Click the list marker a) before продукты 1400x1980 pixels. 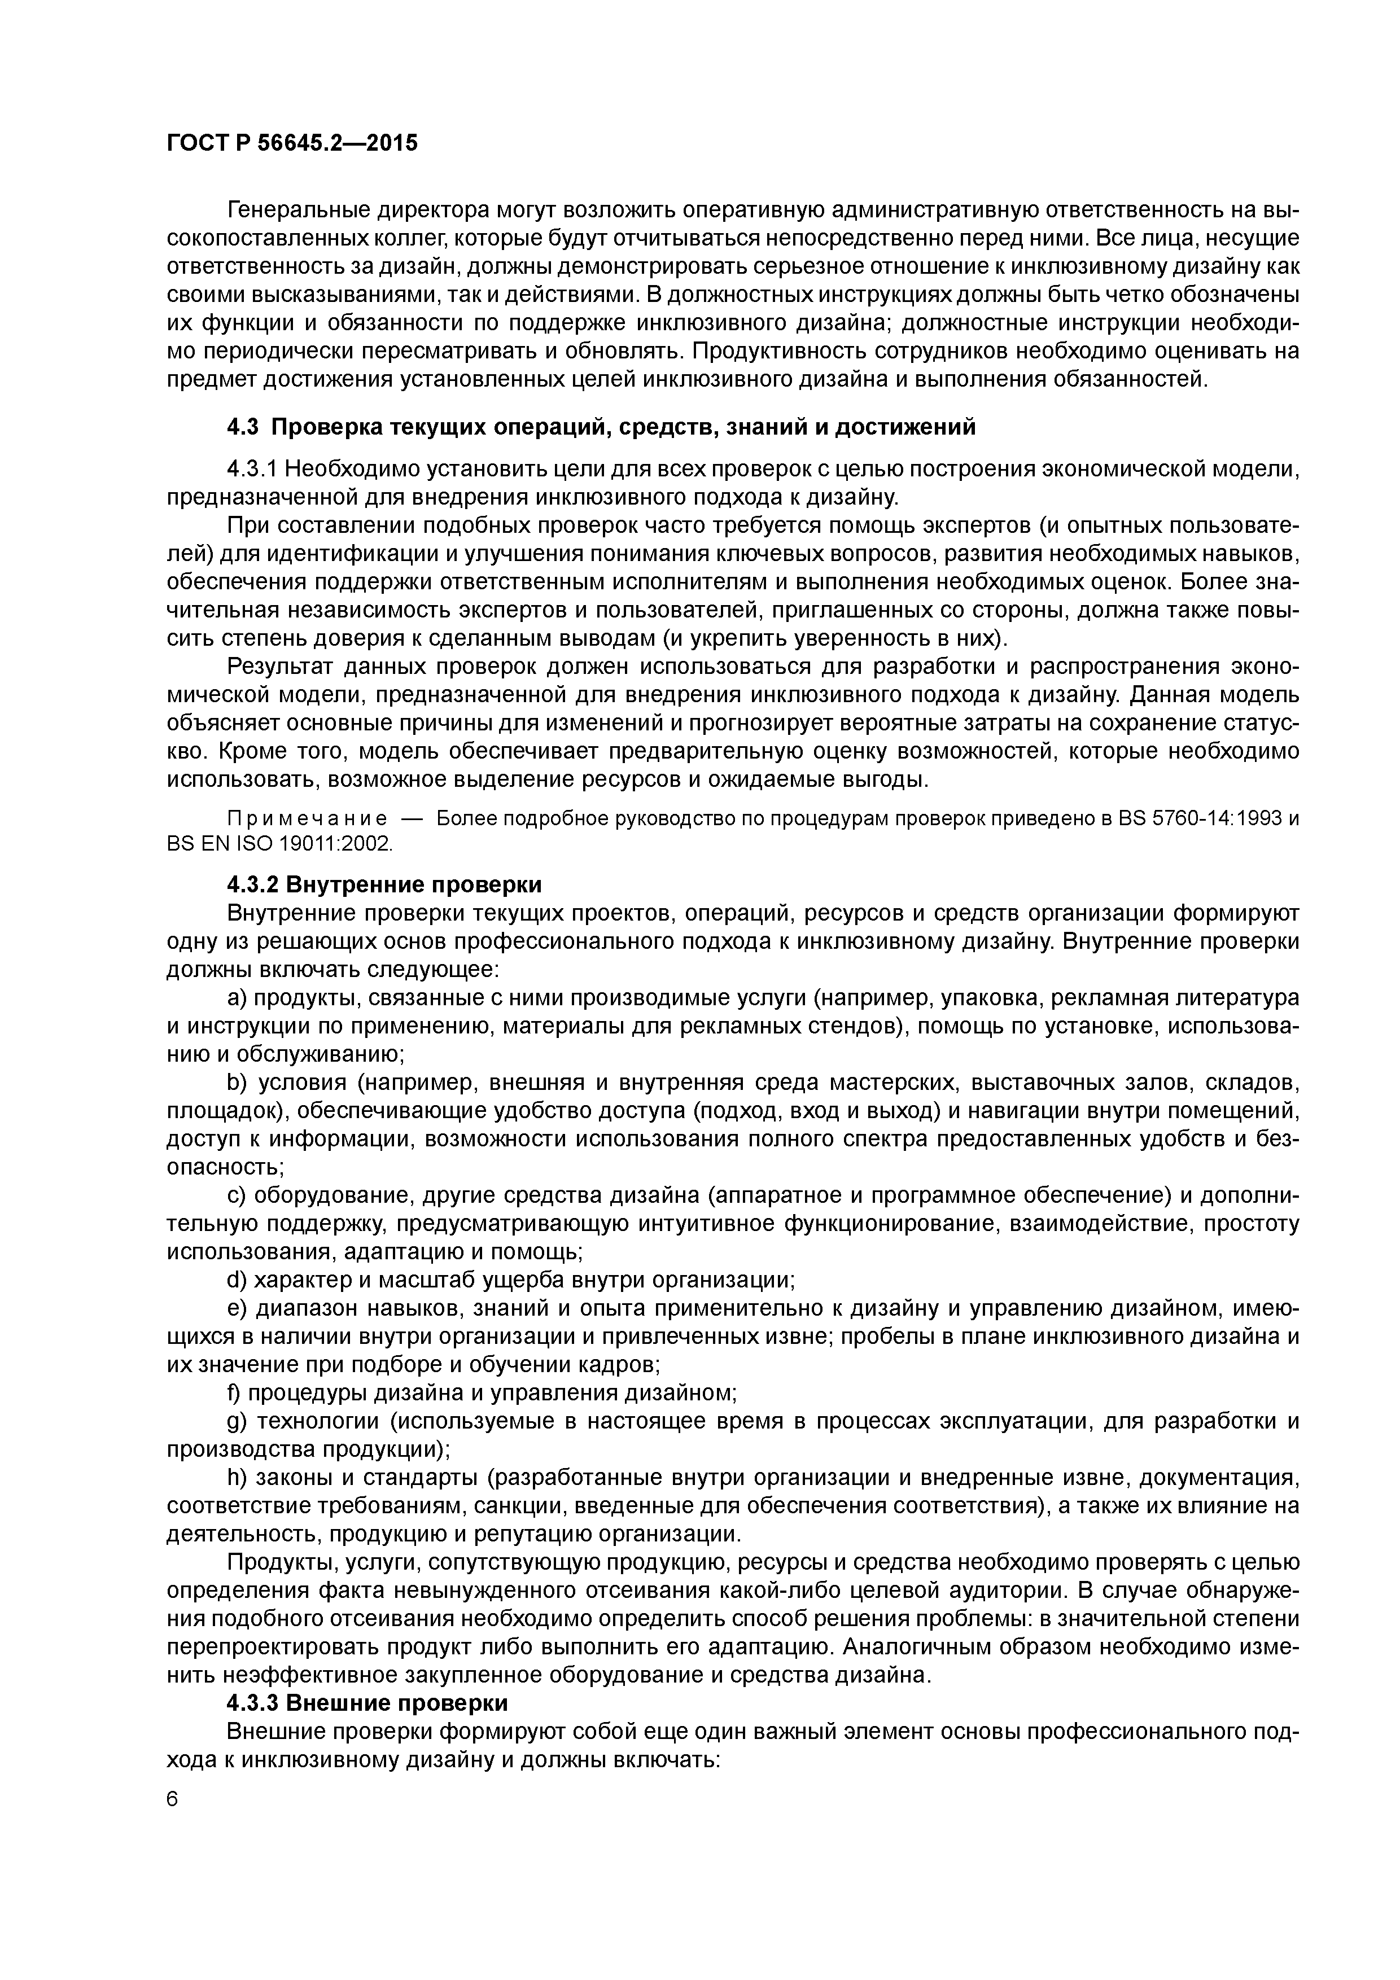pyautogui.click(x=237, y=998)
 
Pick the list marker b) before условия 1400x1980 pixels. pyautogui.click(x=237, y=1082)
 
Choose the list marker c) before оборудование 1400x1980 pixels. pyautogui.click(x=237, y=1195)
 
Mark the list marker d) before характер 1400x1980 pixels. pyautogui.click(x=237, y=1280)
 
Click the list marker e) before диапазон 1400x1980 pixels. pyautogui.click(x=237, y=1308)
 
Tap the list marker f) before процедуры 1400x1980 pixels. pyautogui.click(x=235, y=1393)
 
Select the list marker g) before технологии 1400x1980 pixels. pyautogui.click(x=237, y=1421)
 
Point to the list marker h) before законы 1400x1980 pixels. pyautogui.click(x=237, y=1477)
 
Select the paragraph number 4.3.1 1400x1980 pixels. pyautogui.click(x=252, y=469)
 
